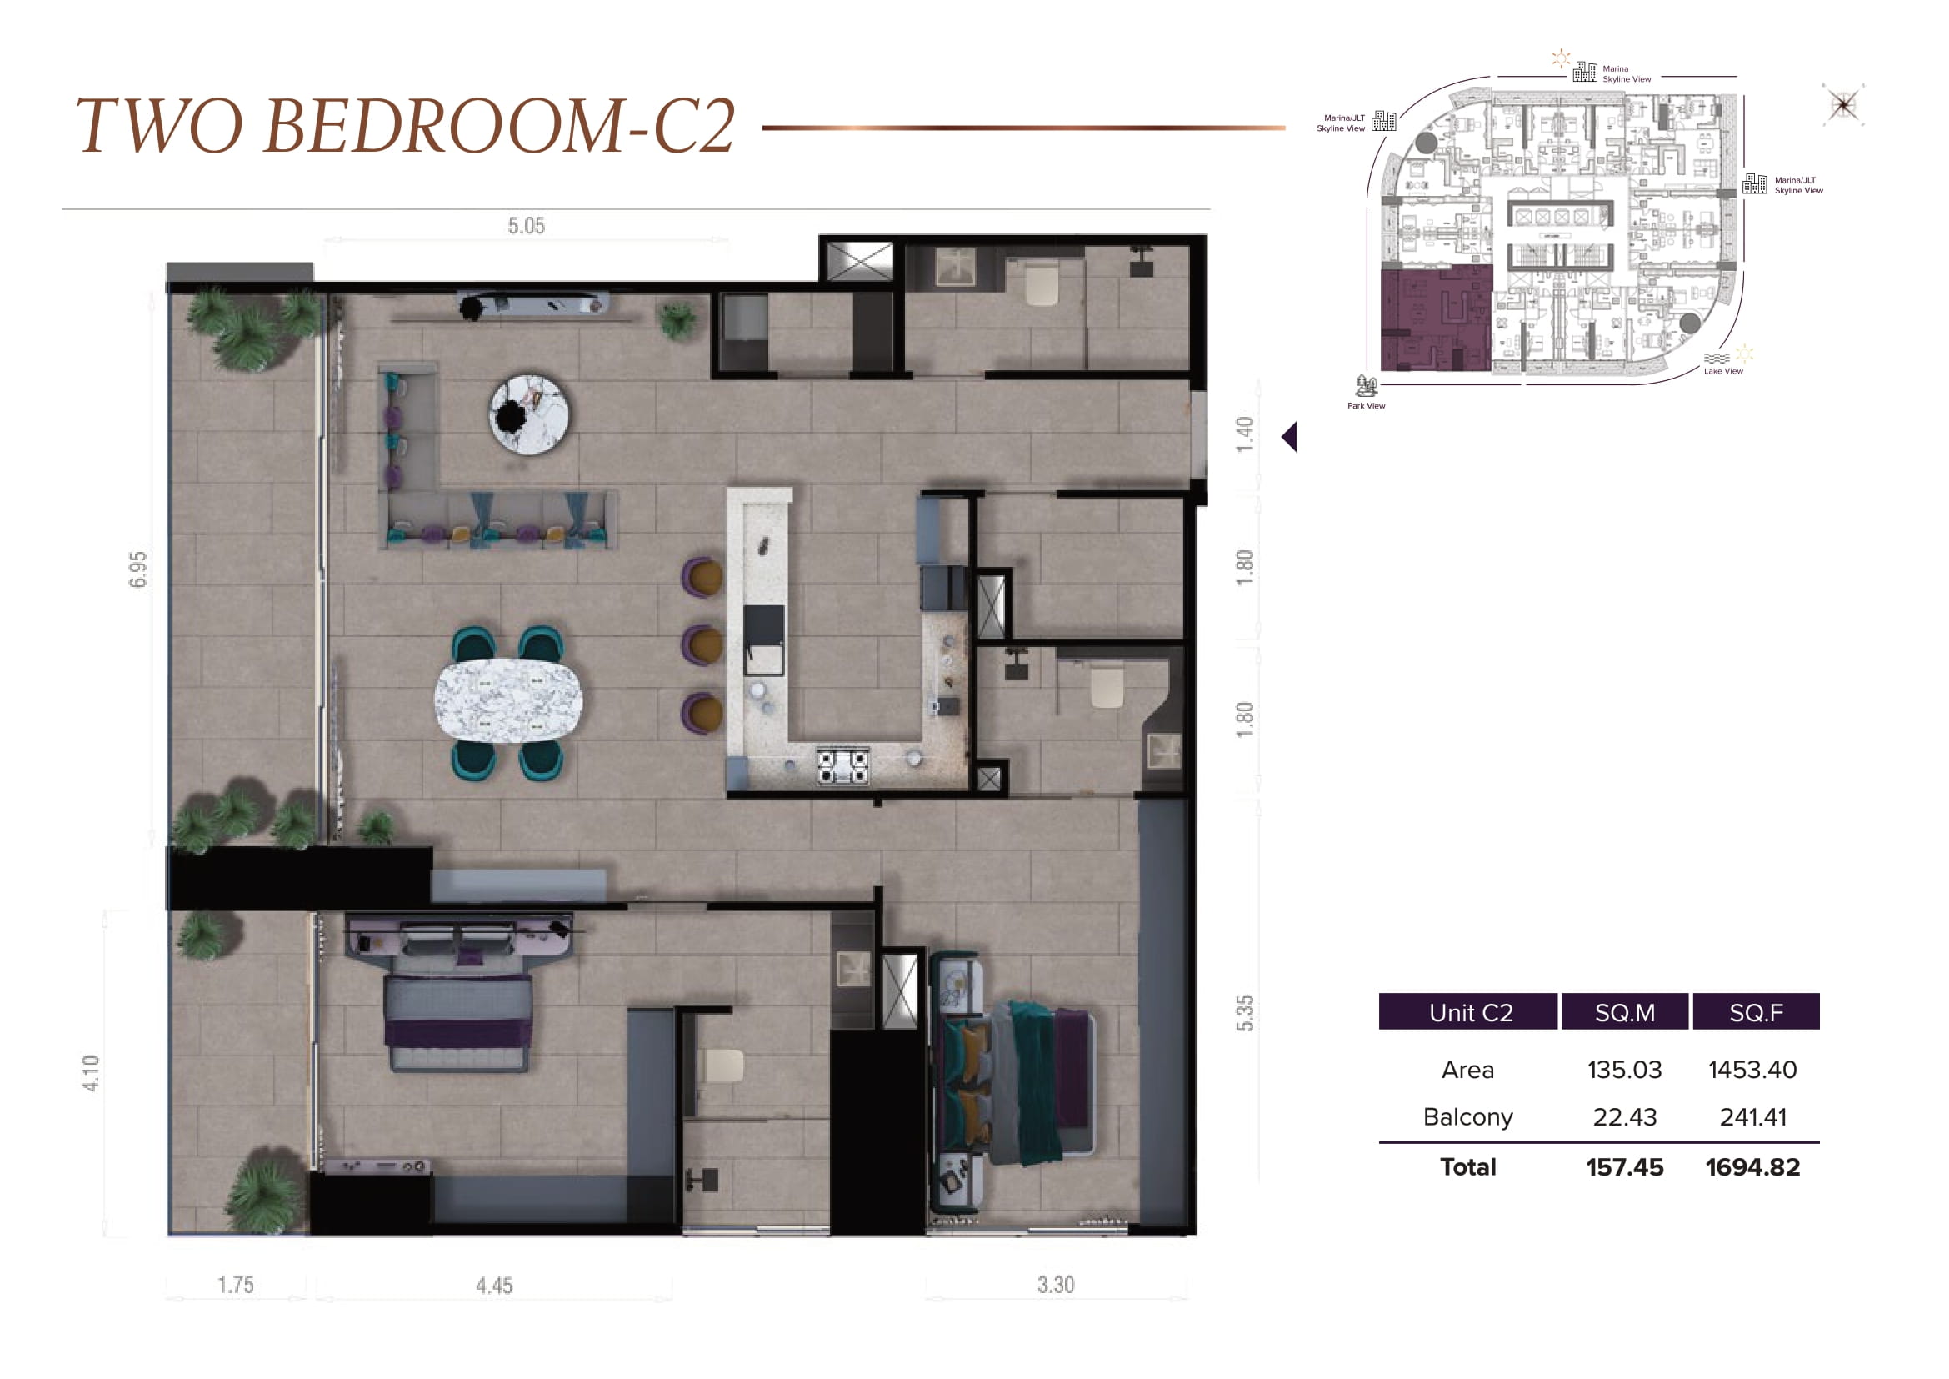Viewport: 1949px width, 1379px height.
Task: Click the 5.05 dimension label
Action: click(x=527, y=226)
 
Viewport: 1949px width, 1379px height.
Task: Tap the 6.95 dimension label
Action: click(x=137, y=569)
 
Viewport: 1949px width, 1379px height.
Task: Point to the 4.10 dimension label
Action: click(x=91, y=1073)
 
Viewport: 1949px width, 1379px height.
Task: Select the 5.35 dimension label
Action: click(x=1244, y=1013)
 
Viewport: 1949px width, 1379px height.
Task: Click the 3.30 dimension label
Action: click(x=1056, y=1285)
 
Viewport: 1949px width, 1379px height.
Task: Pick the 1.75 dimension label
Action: click(x=236, y=1285)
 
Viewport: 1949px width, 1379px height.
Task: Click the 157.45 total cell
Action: click(x=1625, y=1166)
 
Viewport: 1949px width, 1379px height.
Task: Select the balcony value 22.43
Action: click(x=1625, y=1116)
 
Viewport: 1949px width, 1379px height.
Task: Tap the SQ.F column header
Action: click(x=1757, y=1011)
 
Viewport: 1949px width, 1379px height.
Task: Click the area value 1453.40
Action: click(x=1753, y=1069)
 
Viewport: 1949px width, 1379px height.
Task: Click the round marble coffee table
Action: click(x=530, y=414)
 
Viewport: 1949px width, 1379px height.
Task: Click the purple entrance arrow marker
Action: click(x=1289, y=436)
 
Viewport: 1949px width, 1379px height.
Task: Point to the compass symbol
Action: click(x=1843, y=104)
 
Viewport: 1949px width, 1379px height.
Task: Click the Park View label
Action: click(x=1366, y=406)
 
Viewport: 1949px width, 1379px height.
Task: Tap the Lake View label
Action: click(x=1723, y=371)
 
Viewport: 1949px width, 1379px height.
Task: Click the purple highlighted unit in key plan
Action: click(x=1435, y=318)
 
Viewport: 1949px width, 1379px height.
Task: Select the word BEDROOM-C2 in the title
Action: click(x=500, y=126)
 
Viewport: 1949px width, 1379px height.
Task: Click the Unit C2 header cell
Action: click(x=1468, y=1011)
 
